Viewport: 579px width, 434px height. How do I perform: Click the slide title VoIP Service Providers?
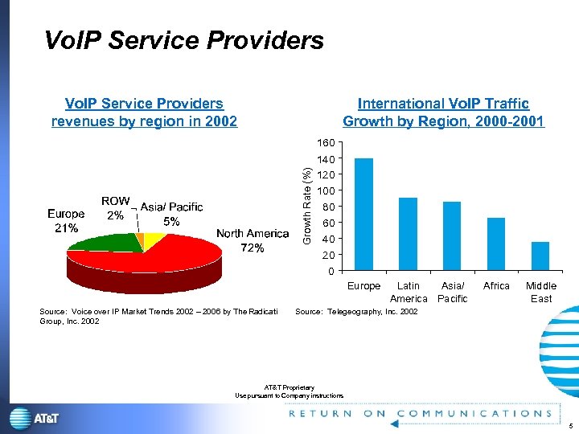pos(183,40)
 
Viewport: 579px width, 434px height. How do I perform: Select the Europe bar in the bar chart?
pos(363,214)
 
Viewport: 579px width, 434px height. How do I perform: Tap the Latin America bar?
pos(408,234)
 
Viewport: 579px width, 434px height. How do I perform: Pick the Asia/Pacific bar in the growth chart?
pos(452,235)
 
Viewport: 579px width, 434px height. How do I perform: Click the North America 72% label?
pos(253,240)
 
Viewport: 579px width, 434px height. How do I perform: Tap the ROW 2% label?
pos(115,207)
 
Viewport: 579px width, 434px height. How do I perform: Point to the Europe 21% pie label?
pos(66,221)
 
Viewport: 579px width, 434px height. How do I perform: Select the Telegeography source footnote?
pos(356,311)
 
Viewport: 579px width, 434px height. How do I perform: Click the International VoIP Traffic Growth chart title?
pos(443,113)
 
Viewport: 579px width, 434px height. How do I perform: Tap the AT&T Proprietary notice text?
pos(289,391)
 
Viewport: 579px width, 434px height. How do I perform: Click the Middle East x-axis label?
pos(540,292)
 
